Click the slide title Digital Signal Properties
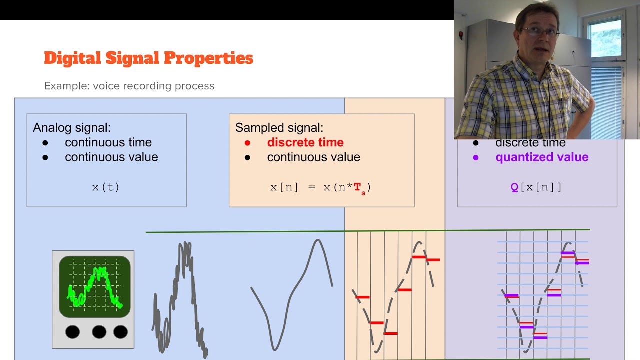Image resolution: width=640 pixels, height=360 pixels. pos(148,58)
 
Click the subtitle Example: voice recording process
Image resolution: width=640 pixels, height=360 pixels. pos(129,86)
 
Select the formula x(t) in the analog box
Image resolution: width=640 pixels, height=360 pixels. pos(106,187)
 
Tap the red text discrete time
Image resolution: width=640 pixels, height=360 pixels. pos(305,142)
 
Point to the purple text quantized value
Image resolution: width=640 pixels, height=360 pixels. pos(542,157)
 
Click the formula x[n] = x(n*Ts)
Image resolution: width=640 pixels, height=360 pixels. pos(320,188)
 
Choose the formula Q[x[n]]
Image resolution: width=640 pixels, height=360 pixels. pos(536,187)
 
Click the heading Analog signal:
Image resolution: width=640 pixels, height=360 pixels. pos(71,127)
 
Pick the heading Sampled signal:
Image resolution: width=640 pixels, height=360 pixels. pos(279,127)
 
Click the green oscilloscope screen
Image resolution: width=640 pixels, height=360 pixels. pos(94,286)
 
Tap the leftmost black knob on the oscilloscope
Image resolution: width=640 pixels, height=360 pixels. pos(72,331)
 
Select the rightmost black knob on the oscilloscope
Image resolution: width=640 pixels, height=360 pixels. pos(120,331)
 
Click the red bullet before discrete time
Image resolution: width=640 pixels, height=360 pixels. pos(247,143)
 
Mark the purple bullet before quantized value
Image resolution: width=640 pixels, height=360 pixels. pos(475,157)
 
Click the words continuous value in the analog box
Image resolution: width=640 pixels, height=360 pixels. pos(111,157)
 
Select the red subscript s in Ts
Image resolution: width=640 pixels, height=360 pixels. pos(363,193)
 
